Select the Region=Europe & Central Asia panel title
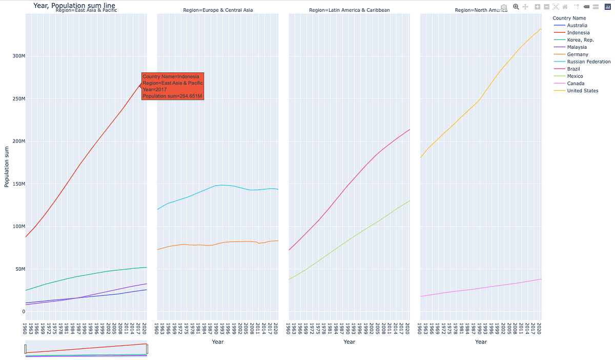pyautogui.click(x=218, y=10)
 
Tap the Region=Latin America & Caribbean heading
pyautogui.click(x=349, y=10)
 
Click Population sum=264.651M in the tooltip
pyautogui.click(x=172, y=96)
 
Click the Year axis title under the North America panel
pyautogui.click(x=481, y=342)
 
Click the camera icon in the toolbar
pyautogui.click(x=504, y=7)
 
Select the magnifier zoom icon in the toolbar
pyautogui.click(x=516, y=7)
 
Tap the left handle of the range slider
pyautogui.click(x=26, y=349)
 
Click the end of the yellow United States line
pyautogui.click(x=541, y=29)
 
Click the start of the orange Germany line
pyautogui.click(x=158, y=249)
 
